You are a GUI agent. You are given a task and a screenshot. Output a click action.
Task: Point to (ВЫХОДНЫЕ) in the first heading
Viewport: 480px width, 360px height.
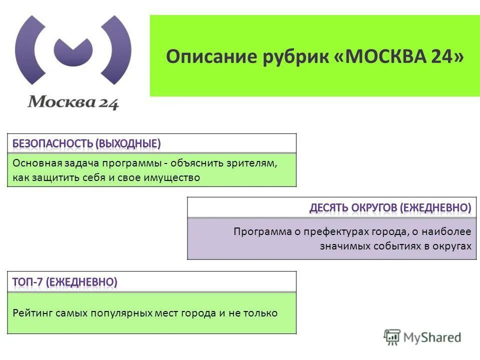129,144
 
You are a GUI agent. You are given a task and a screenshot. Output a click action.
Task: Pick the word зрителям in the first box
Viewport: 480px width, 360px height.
252,163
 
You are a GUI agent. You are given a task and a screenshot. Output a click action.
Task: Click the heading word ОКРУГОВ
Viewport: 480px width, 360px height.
379,208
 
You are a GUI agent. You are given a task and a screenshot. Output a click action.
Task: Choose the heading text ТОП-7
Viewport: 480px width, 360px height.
28,282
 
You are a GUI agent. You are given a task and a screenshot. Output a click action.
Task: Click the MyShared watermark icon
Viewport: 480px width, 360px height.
392,336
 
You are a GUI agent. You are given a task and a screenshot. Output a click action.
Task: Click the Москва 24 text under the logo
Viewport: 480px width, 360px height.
73,102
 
